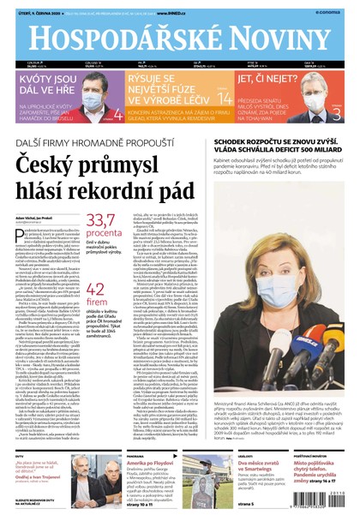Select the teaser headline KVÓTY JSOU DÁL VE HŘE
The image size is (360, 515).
click(41, 82)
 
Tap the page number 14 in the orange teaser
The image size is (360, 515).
click(224, 99)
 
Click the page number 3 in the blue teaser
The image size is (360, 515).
click(336, 112)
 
